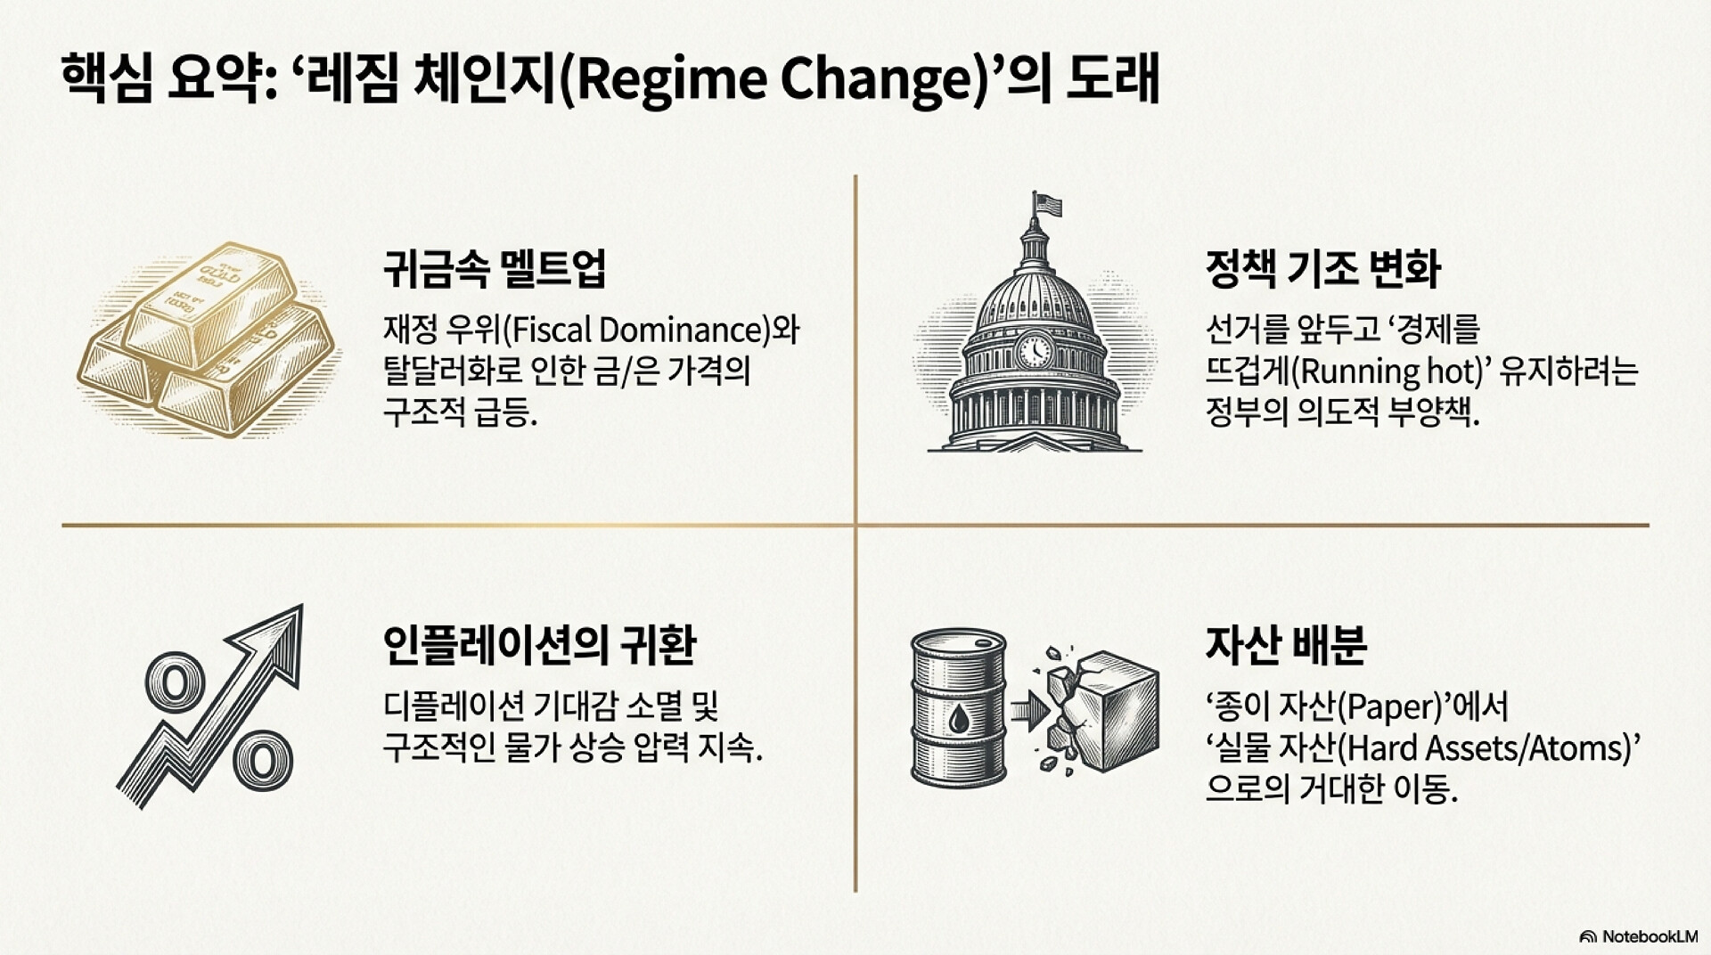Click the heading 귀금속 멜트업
[495, 268]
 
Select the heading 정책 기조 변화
[1322, 268]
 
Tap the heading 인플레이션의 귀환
[539, 645]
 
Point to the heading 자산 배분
[1286, 645]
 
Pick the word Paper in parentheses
[1392, 707]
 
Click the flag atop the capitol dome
[1047, 204]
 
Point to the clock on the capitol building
[1035, 349]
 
